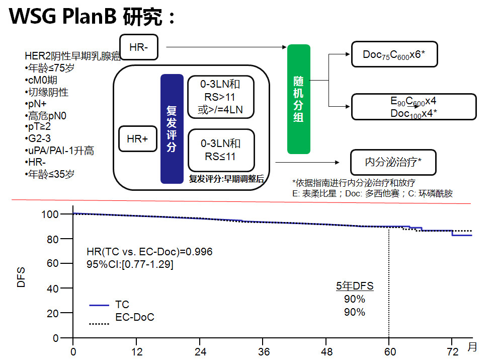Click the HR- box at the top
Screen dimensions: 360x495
pyautogui.click(x=139, y=47)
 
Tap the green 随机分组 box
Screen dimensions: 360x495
pyautogui.click(x=298, y=99)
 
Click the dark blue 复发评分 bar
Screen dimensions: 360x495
pyautogui.click(x=172, y=129)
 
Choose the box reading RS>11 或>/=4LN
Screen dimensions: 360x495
pyautogui.click(x=221, y=97)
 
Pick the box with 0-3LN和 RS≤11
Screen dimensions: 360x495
pyautogui.click(x=221, y=150)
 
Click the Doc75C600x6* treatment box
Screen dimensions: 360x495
pyautogui.click(x=394, y=54)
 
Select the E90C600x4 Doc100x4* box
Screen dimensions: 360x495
pyautogui.click(x=414, y=107)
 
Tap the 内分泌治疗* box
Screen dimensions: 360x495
pyautogui.click(x=393, y=162)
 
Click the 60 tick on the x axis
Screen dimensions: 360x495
pyautogui.click(x=389, y=350)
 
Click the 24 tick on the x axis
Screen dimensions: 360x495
pyautogui.click(x=200, y=350)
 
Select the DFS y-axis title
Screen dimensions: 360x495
pyautogui.click(x=21, y=276)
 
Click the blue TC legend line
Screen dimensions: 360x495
pyautogui.click(x=99, y=305)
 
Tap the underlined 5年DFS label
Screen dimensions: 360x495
pyautogui.click(x=355, y=286)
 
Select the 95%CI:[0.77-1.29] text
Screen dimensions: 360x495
pyautogui.click(x=130, y=264)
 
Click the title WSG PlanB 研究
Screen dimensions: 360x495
pyautogui.click(x=93, y=17)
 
